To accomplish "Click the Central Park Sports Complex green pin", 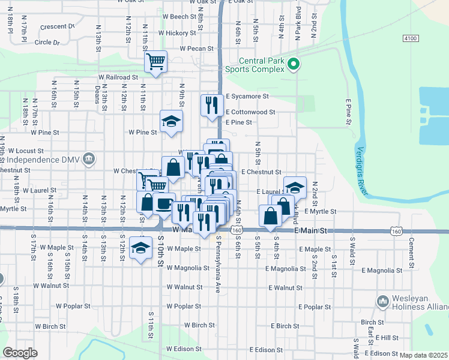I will (294, 64).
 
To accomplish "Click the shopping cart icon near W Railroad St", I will (155, 62).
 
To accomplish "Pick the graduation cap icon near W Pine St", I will (171, 122).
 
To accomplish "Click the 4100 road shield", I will (411, 38).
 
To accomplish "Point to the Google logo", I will (20, 353).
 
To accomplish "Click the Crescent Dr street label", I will (57, 27).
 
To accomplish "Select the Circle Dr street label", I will (47, 43).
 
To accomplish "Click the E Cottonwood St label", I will (250, 112).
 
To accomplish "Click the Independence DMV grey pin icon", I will (89, 158).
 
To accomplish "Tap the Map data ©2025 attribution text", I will (423, 355).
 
